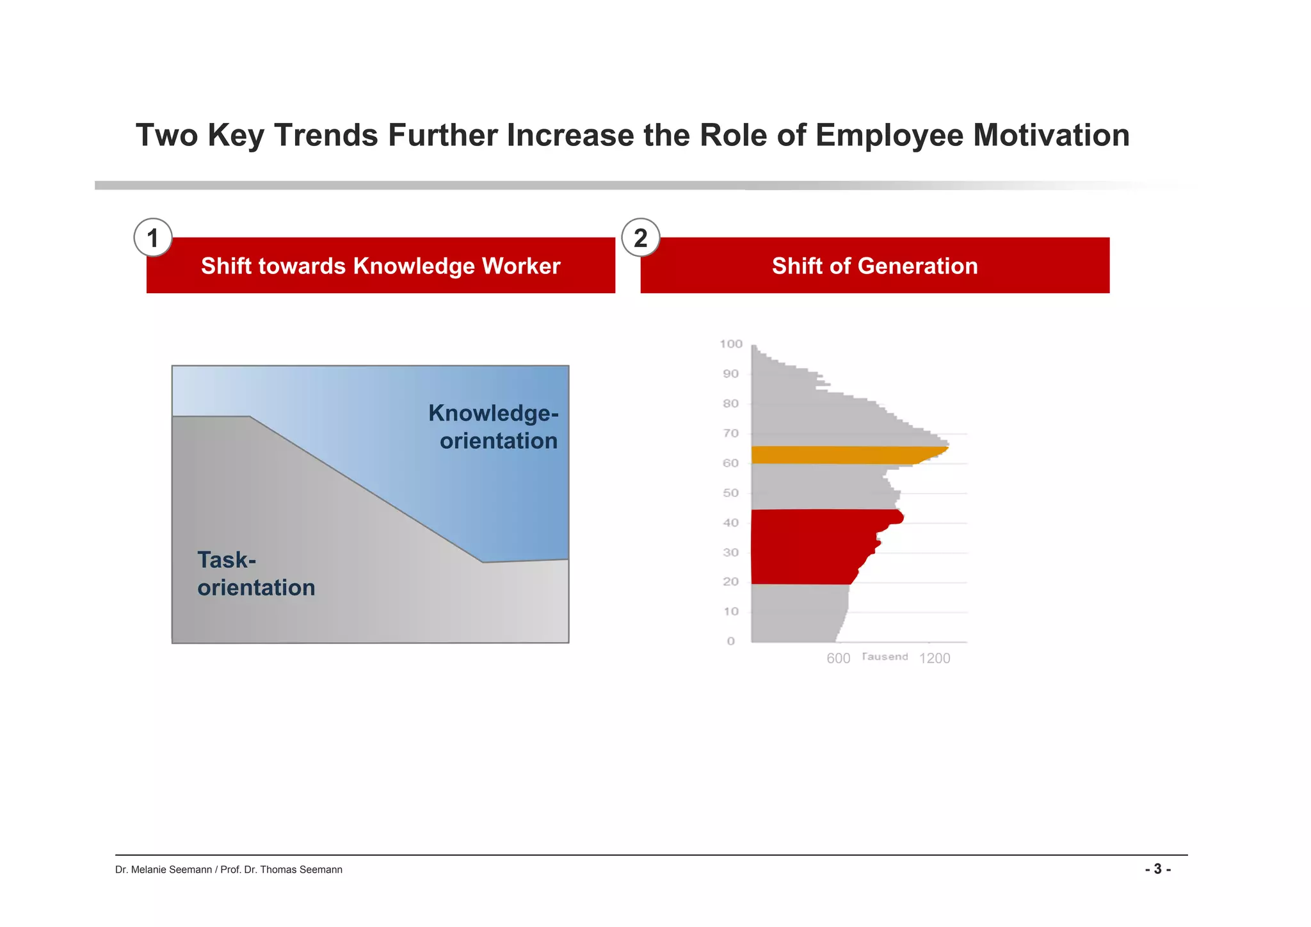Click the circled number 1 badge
[152, 238]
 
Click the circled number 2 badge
[640, 238]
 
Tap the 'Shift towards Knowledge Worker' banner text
[380, 266]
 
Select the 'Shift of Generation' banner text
[874, 266]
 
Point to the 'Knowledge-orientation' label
[494, 427]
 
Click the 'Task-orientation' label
[255, 574]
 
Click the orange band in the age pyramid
[839, 455]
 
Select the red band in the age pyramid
[813, 547]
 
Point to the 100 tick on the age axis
[730, 344]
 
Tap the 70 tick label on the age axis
[730, 433]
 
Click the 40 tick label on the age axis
[730, 523]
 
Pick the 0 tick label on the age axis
[731, 641]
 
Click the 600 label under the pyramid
[838, 659]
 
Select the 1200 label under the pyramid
[935, 659]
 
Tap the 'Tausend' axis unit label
[885, 657]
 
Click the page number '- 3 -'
[1157, 869]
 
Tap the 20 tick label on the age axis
[730, 582]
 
